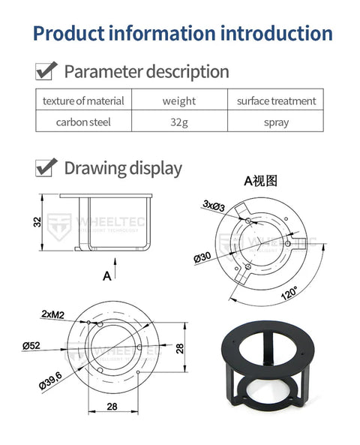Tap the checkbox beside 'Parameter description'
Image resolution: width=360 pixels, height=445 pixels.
click(46, 71)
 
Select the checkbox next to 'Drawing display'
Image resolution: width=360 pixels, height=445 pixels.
click(46, 167)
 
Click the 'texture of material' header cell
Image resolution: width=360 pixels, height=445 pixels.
click(83, 101)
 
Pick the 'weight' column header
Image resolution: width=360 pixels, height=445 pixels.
click(179, 101)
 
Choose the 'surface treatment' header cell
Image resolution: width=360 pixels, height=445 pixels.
click(276, 101)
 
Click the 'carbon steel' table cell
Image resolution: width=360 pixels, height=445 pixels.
click(83, 122)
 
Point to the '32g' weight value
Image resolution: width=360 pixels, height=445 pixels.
click(179, 122)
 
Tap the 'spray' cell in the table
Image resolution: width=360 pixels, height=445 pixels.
click(276, 122)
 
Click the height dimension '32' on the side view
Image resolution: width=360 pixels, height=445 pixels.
click(37, 223)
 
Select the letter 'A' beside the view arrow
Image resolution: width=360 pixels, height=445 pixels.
click(106, 275)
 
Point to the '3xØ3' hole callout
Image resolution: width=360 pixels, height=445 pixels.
click(214, 205)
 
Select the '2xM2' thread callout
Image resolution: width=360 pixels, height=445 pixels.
click(52, 313)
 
